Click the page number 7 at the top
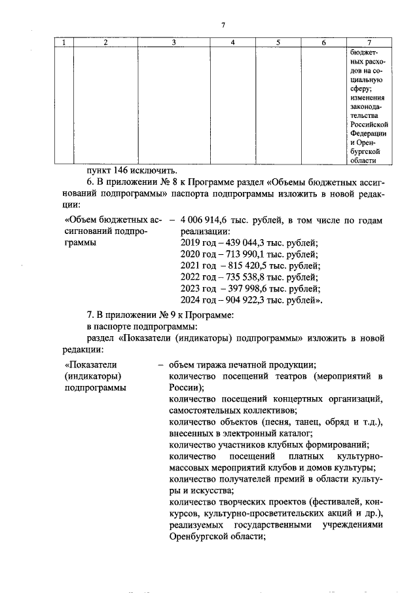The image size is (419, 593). tap(223, 25)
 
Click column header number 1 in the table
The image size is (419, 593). tap(64, 43)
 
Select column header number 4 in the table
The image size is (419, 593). tap(233, 43)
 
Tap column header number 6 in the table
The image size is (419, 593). tap(324, 43)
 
